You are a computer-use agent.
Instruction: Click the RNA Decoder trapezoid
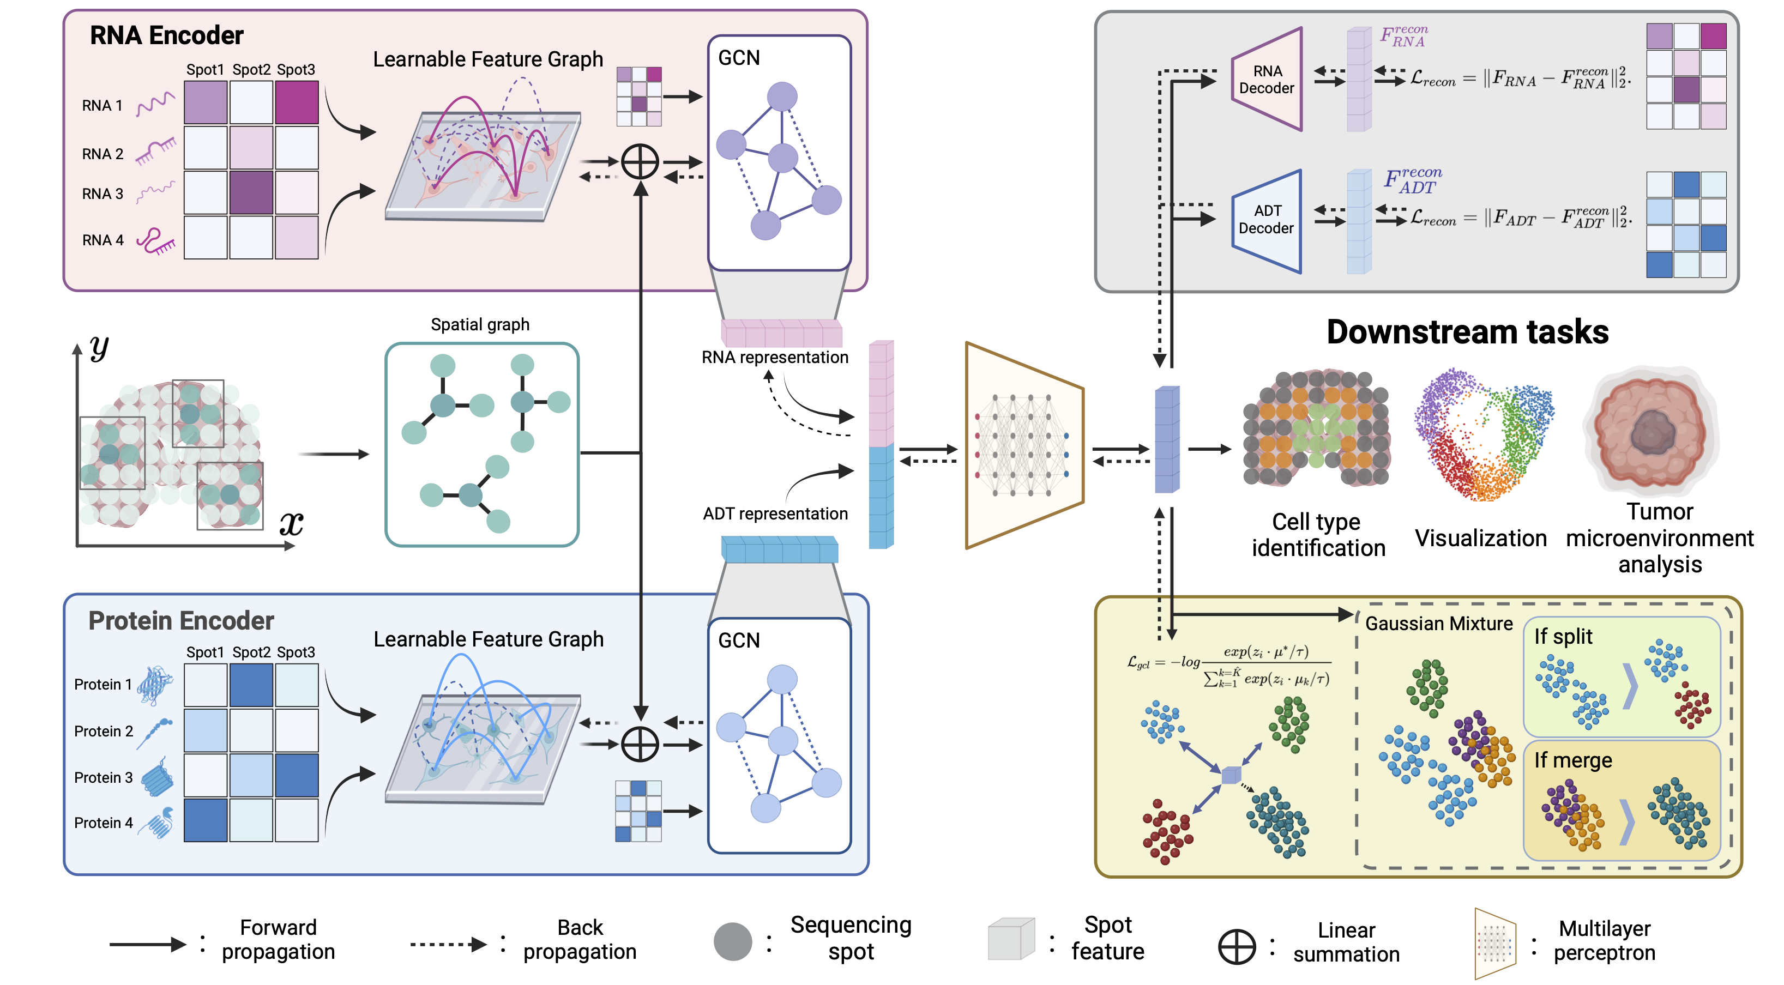point(1266,80)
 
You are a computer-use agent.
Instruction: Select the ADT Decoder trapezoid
point(1266,220)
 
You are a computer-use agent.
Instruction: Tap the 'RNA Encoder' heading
point(166,35)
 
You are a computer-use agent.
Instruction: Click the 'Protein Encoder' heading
point(181,620)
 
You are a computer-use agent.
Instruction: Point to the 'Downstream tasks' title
point(1467,331)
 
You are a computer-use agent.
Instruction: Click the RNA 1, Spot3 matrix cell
point(297,102)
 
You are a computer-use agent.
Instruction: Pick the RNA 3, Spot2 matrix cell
point(251,192)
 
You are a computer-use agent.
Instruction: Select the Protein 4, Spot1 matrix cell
point(205,820)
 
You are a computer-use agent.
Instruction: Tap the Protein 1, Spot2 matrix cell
point(251,685)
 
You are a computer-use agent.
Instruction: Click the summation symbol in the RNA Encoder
point(639,162)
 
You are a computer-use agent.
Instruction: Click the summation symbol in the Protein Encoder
point(639,745)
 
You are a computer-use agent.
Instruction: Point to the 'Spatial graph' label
point(480,325)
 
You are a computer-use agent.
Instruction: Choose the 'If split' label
point(1563,636)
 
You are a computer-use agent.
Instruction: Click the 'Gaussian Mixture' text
point(1438,624)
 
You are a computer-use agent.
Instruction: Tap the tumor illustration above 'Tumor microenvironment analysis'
point(1652,431)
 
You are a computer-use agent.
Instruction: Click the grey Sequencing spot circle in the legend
point(732,941)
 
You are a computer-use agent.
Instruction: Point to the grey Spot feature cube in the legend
point(1010,939)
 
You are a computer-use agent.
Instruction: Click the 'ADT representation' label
point(775,513)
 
